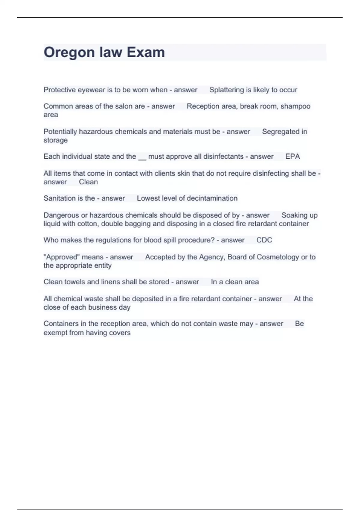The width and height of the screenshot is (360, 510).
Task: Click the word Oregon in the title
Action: pyautogui.click(x=69, y=52)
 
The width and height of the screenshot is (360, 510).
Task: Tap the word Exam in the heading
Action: pyautogui.click(x=146, y=52)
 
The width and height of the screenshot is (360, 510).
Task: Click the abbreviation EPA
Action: pyautogui.click(x=292, y=156)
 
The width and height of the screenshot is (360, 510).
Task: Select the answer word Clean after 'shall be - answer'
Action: pyautogui.click(x=88, y=182)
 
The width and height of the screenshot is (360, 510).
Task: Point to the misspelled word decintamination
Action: pyautogui.click(x=212, y=198)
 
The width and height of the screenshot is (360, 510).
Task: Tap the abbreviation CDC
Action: pyautogui.click(x=264, y=240)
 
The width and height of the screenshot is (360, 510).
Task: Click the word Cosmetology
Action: pyautogui.click(x=278, y=257)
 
